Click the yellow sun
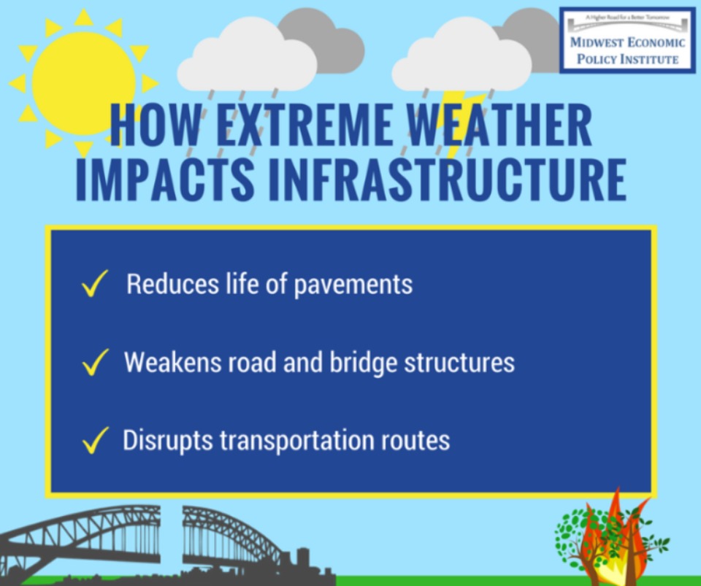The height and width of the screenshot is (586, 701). pyautogui.click(x=83, y=83)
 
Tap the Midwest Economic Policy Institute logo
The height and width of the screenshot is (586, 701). pyautogui.click(x=628, y=40)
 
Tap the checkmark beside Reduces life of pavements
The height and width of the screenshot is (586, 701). pyautogui.click(x=94, y=283)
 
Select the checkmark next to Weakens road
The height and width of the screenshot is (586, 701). pyautogui.click(x=95, y=362)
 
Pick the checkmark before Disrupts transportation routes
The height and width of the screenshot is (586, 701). pyautogui.click(x=95, y=440)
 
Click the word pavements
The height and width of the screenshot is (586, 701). pyautogui.click(x=353, y=285)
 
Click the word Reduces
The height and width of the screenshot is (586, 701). pyautogui.click(x=172, y=283)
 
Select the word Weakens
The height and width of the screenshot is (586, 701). pyautogui.click(x=172, y=362)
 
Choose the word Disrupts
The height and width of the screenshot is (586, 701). pyautogui.click(x=168, y=441)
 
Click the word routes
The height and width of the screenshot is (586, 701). pyautogui.click(x=415, y=442)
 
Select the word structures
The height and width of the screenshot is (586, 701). pyautogui.click(x=459, y=362)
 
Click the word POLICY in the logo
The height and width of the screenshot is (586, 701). pyautogui.click(x=594, y=59)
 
